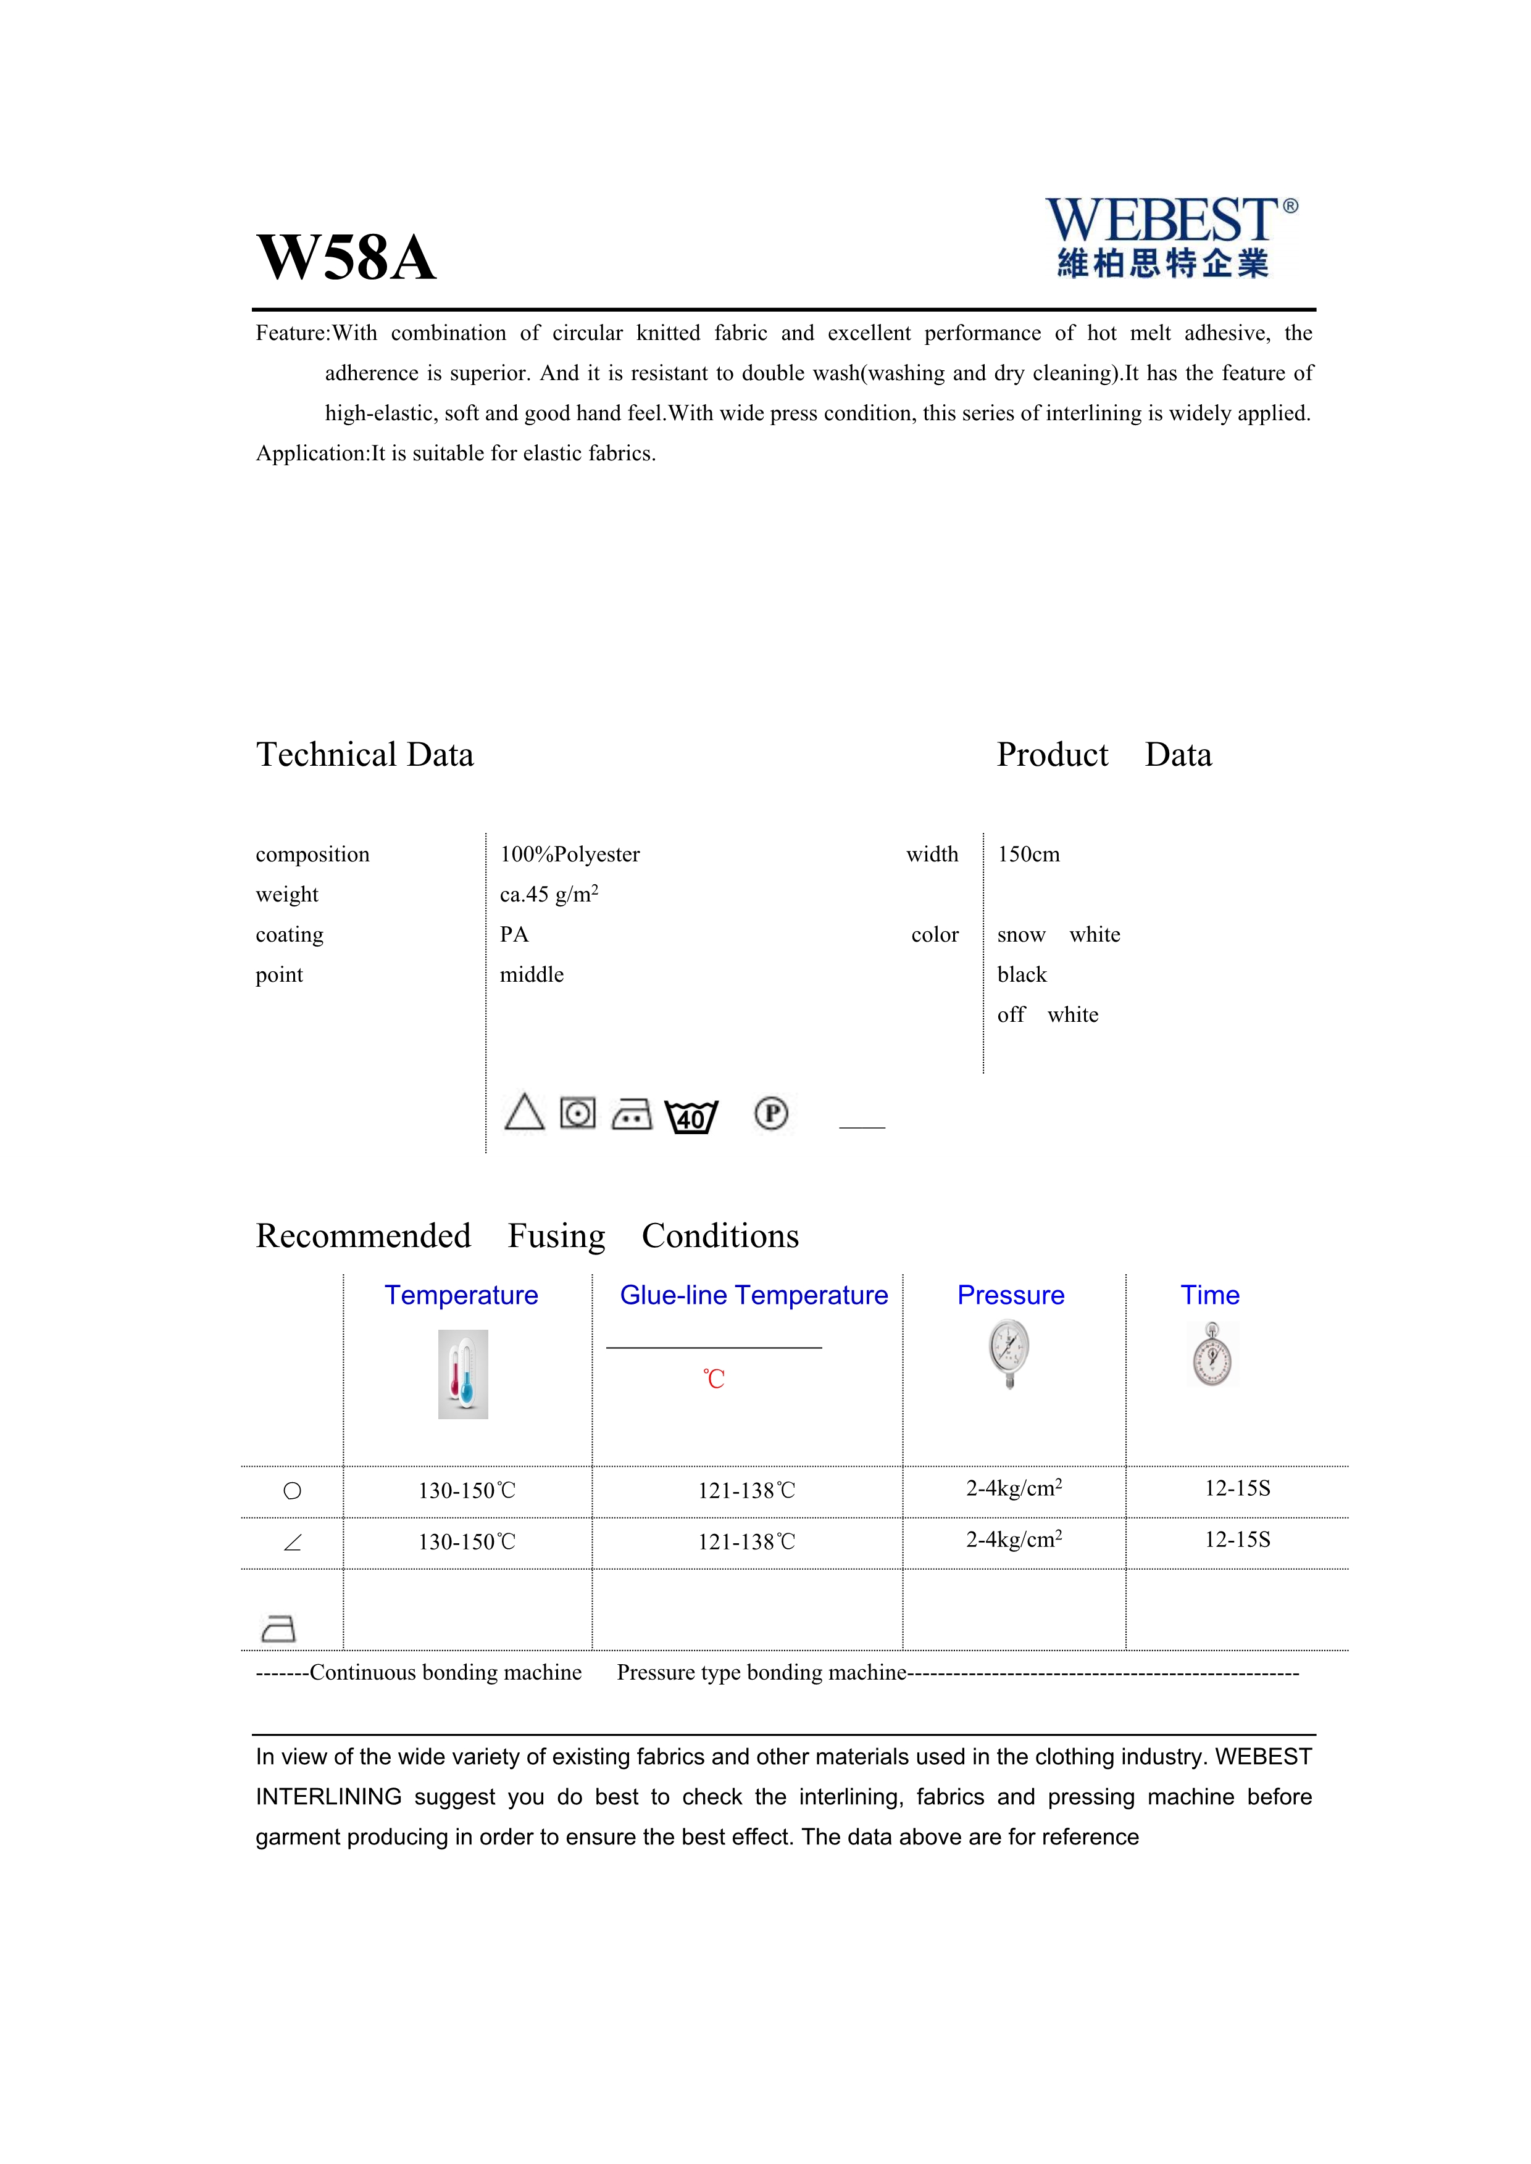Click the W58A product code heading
pos(346,257)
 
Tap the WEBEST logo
pos(1170,236)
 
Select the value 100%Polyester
pos(569,854)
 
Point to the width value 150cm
pos(1028,854)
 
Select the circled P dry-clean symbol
pos(771,1113)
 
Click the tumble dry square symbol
pos(578,1113)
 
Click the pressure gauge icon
pos(1010,1353)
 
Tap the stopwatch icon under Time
pos(1212,1354)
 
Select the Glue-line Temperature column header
pos(753,1295)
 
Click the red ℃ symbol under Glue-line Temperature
pos(714,1379)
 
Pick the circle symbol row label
pos(292,1491)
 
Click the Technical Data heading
pos(365,755)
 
